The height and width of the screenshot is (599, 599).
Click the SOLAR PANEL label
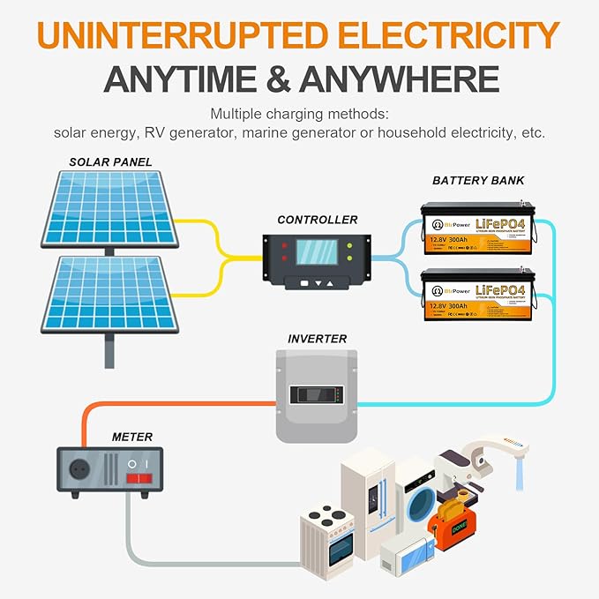click(111, 161)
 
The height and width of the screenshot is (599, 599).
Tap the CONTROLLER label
click(318, 220)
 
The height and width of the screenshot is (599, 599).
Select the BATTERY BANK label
click(478, 181)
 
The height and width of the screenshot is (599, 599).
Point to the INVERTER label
click(317, 339)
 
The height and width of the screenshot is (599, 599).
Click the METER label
click(132, 437)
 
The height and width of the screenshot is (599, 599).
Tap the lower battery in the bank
click(477, 295)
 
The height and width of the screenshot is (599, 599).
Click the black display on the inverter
click(318, 394)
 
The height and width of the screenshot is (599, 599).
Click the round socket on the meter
click(77, 469)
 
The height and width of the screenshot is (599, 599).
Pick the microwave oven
click(408, 556)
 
